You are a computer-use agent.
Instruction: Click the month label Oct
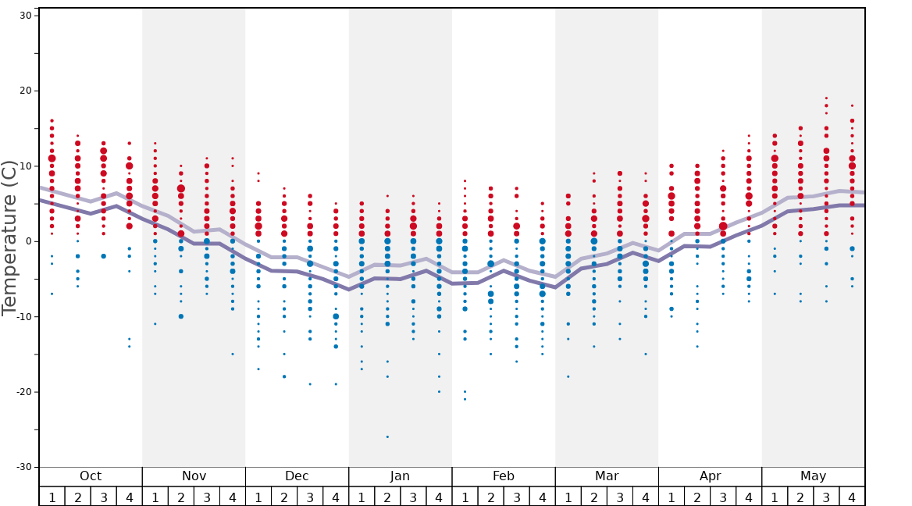click(91, 476)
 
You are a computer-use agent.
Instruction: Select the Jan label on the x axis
click(400, 476)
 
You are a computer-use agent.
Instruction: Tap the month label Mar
click(607, 476)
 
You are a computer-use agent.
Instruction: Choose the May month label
click(813, 476)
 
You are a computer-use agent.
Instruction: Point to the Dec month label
click(297, 476)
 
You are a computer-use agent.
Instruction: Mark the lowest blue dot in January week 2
click(387, 437)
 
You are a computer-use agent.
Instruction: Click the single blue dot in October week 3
click(103, 256)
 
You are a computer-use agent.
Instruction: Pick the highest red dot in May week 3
click(826, 98)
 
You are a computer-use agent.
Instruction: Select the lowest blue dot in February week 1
click(465, 399)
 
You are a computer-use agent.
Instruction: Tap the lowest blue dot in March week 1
click(568, 376)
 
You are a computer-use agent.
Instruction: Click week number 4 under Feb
click(542, 497)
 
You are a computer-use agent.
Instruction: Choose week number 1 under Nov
click(155, 497)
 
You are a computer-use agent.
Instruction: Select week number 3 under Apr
click(723, 497)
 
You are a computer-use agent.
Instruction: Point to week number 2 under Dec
click(284, 497)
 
